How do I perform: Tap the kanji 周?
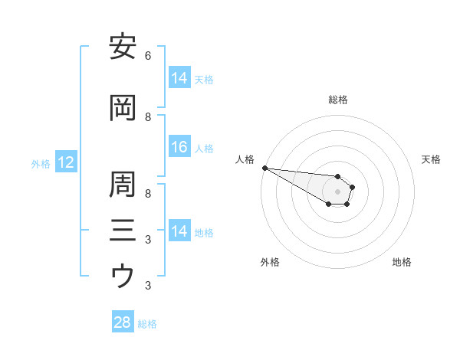click(123, 185)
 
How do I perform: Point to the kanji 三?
click(123, 229)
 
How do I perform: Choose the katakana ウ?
click(123, 275)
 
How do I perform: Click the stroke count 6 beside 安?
click(148, 56)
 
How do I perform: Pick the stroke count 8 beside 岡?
click(148, 117)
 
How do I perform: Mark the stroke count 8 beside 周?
click(148, 194)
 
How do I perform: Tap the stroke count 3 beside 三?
click(148, 240)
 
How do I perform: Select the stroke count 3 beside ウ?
click(148, 286)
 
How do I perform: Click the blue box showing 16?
click(179, 148)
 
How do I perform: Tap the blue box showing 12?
click(65, 162)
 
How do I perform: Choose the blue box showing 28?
click(123, 322)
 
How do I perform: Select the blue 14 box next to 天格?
click(179, 78)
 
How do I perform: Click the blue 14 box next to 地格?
click(179, 231)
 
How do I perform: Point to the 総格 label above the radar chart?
click(337, 100)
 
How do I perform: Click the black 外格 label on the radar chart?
click(270, 262)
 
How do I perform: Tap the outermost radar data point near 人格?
click(264, 168)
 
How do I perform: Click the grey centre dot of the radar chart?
click(337, 191)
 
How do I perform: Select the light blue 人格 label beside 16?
click(204, 149)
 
